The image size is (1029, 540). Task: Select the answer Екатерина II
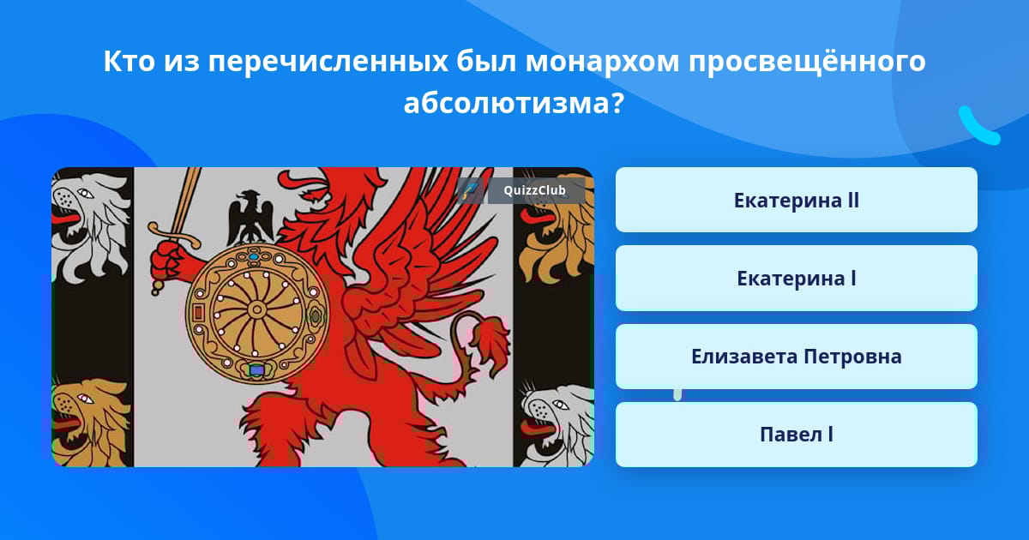(796, 201)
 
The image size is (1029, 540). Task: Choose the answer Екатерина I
(796, 279)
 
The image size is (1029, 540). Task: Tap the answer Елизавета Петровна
(796, 357)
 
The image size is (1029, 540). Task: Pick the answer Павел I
(796, 435)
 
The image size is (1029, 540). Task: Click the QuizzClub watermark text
(534, 190)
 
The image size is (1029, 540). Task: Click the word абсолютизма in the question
(514, 103)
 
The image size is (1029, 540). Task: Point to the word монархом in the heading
(602, 62)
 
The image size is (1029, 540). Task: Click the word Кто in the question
(129, 62)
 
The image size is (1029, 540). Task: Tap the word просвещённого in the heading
(807, 62)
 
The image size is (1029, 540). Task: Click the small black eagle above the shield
(250, 217)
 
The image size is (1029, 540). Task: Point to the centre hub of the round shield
(256, 309)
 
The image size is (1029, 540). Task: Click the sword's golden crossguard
(174, 234)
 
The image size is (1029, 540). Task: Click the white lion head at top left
(91, 225)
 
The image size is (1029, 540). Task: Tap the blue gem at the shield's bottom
(256, 369)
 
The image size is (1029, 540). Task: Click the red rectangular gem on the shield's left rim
(199, 313)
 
